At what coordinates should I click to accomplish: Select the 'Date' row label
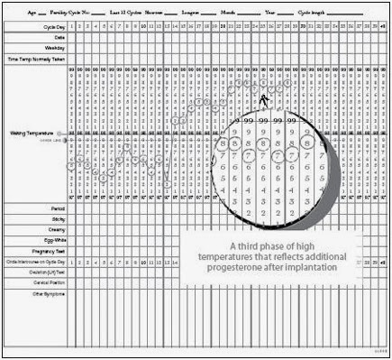(59, 37)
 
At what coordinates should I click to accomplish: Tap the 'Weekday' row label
(54, 47)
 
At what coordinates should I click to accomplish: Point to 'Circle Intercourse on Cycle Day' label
(33, 262)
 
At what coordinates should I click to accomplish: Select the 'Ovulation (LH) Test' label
(45, 272)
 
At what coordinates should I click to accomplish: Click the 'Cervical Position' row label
(46, 282)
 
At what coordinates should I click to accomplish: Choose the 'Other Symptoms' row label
(46, 293)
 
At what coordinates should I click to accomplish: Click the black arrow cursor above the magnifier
(264, 100)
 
